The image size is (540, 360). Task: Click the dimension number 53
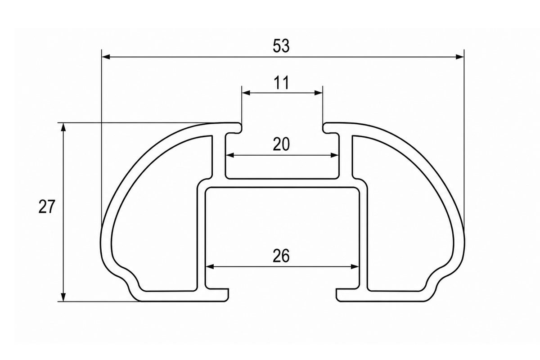[x=281, y=46]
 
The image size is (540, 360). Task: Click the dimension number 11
[x=281, y=83]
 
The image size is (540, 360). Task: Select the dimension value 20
[x=281, y=144]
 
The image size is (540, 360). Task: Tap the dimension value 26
[x=281, y=256]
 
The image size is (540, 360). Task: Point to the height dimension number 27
[x=47, y=207]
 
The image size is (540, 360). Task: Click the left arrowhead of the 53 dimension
[x=106, y=57]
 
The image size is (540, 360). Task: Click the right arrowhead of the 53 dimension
[x=460, y=57]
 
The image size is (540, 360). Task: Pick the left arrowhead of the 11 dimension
[x=246, y=93]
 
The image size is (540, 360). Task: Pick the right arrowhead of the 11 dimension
[x=318, y=93]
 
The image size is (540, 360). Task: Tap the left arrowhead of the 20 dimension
[x=230, y=155]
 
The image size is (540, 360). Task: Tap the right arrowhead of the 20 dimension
[x=335, y=155]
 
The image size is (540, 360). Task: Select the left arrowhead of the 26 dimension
[x=210, y=267]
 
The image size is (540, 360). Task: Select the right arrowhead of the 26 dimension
[x=355, y=267]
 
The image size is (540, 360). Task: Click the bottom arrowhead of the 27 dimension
[x=63, y=297]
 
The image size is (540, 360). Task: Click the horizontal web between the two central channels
[x=282, y=183]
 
